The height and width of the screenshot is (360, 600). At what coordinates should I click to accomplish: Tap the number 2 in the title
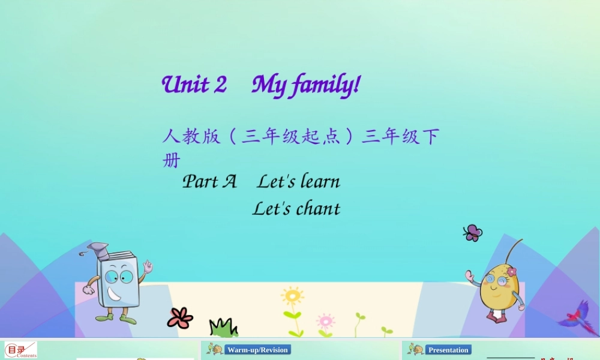click(x=220, y=85)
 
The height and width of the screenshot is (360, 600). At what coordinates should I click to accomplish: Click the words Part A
click(x=209, y=181)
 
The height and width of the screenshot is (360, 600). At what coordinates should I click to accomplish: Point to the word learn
click(x=320, y=181)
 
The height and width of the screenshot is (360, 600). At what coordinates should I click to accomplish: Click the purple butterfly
click(x=473, y=233)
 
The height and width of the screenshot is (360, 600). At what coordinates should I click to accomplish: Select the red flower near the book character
click(x=180, y=317)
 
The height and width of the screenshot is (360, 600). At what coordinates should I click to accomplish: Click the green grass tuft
click(x=223, y=328)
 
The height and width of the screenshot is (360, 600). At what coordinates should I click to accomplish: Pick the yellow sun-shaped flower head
click(x=292, y=296)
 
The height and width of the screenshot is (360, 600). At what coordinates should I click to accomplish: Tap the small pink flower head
click(x=325, y=320)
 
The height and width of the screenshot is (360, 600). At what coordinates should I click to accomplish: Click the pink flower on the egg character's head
click(x=511, y=271)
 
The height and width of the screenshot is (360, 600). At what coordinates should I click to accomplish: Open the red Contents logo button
click(x=20, y=350)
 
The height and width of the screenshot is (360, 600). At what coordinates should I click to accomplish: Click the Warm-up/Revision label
click(x=258, y=350)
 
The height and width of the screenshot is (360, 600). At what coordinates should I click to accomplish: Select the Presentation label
click(x=448, y=350)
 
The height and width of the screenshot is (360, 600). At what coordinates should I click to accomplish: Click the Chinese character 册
click(x=171, y=161)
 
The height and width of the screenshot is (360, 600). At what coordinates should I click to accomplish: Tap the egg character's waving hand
click(x=470, y=277)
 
